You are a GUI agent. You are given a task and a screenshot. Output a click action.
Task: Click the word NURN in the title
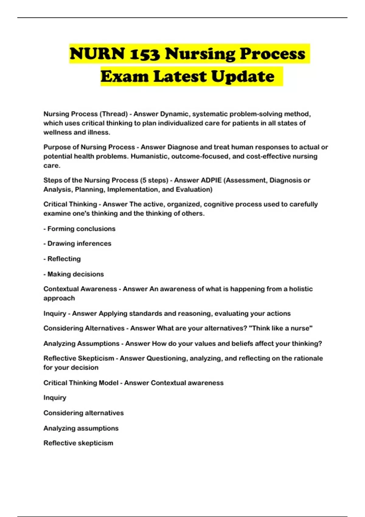(97, 54)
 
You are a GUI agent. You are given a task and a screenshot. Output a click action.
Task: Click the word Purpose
(57, 147)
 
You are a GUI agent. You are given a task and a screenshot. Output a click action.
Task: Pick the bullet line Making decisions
(74, 274)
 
